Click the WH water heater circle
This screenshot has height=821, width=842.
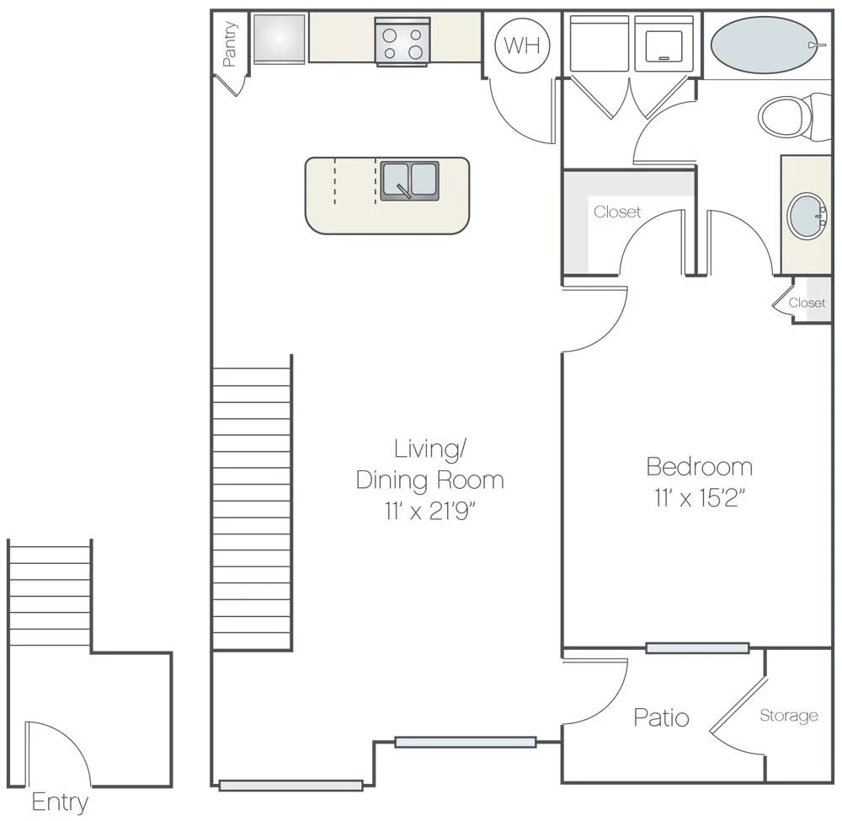[521, 46]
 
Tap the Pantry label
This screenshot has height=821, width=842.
[230, 44]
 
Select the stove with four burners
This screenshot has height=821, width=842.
[402, 42]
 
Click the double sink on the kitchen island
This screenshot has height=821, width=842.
[410, 180]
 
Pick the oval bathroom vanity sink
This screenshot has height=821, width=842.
[807, 216]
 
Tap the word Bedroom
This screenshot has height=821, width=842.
[699, 466]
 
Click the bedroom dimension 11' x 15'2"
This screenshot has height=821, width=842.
[698, 498]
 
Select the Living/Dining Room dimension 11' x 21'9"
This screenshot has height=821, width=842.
[429, 511]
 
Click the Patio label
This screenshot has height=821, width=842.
[661, 717]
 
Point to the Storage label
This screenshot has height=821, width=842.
[789, 716]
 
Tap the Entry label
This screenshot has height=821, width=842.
[60, 802]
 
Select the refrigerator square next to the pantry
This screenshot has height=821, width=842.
[279, 39]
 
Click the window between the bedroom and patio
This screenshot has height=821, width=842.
[697, 648]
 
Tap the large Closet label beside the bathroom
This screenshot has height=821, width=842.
[617, 212]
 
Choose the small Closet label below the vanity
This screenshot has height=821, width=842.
[807, 303]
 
